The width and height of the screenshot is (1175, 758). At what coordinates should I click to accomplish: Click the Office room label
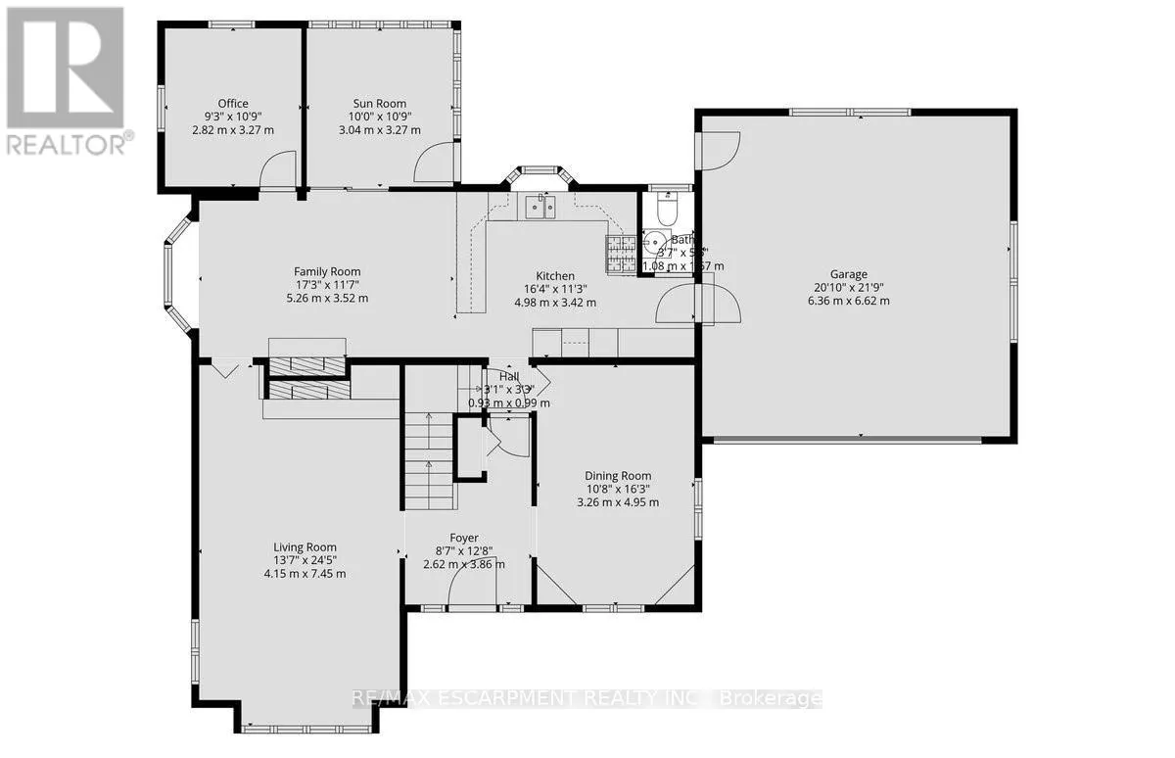tap(233, 104)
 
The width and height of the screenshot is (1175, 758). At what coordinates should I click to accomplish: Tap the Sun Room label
tap(380, 104)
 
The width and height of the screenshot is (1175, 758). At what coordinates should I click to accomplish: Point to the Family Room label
tap(328, 272)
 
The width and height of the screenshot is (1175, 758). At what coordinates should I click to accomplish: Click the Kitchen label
tap(554, 276)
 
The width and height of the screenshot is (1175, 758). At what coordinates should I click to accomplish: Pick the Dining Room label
tap(618, 476)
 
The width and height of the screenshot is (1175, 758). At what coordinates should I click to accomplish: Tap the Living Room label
tap(305, 547)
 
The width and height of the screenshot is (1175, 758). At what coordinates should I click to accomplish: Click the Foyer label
tap(464, 538)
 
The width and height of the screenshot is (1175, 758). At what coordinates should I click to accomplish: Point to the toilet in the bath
tap(666, 210)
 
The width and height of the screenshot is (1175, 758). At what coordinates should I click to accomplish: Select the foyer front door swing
tap(472, 588)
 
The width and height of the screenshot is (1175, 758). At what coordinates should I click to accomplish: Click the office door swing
tap(278, 168)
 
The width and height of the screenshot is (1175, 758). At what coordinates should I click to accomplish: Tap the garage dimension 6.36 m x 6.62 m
tap(850, 301)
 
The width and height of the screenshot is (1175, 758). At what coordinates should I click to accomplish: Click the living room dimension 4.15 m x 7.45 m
tap(305, 573)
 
